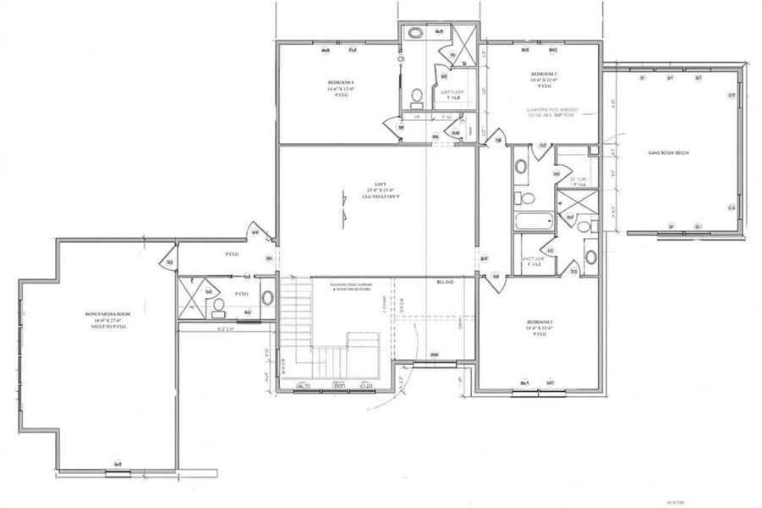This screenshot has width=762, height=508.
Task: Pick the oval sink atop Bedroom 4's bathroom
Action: (415, 33)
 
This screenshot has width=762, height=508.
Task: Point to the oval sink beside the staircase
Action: (268, 298)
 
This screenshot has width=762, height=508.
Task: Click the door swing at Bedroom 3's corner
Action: (500, 139)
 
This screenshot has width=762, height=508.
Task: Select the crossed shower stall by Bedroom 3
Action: (461, 38)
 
